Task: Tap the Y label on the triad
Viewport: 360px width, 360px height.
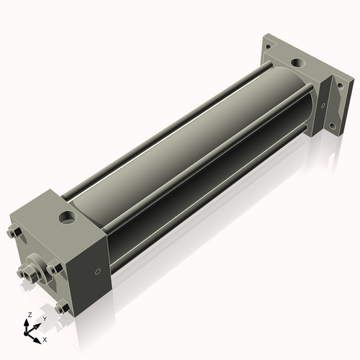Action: point(44,318)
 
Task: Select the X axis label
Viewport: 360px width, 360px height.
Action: point(45,338)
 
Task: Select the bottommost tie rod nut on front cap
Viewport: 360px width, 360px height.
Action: point(62,307)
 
